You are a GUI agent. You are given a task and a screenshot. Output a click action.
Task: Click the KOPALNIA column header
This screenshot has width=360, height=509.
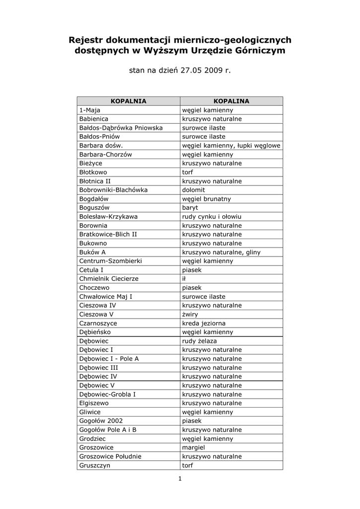pyautogui.click(x=128, y=101)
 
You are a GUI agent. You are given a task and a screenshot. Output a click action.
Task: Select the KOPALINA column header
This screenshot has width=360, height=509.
pyautogui.click(x=231, y=101)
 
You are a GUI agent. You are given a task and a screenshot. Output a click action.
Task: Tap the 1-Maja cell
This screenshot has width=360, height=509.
pyautogui.click(x=90, y=110)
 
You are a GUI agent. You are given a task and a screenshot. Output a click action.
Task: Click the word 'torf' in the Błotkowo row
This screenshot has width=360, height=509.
pyautogui.click(x=188, y=172)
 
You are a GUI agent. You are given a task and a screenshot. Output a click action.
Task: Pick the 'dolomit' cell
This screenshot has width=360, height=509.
pyautogui.click(x=193, y=190)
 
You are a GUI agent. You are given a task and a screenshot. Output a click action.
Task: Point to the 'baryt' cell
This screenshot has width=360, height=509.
pyautogui.click(x=190, y=208)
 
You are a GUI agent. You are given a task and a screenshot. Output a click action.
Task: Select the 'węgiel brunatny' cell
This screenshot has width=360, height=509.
pyautogui.click(x=206, y=199)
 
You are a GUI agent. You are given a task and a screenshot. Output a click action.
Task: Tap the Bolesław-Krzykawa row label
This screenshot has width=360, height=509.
pyautogui.click(x=108, y=217)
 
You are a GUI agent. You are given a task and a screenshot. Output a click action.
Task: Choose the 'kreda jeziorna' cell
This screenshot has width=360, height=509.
pyautogui.click(x=203, y=323)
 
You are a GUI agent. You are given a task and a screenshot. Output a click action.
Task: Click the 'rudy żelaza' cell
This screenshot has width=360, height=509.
pyautogui.click(x=199, y=341)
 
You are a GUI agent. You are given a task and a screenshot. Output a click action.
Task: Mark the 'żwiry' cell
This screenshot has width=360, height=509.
pyautogui.click(x=190, y=314)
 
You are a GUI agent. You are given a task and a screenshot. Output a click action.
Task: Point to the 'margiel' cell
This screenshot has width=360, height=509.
pyautogui.click(x=193, y=447)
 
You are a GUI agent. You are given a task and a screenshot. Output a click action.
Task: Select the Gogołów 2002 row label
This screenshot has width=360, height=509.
pyautogui.click(x=101, y=421)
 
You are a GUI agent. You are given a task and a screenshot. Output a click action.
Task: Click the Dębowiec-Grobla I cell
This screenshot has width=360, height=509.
pyautogui.click(x=107, y=394)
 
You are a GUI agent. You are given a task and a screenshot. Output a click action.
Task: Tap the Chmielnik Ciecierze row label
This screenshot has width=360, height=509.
pyautogui.click(x=109, y=279)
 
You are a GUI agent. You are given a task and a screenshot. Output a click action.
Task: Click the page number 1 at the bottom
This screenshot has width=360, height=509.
pyautogui.click(x=180, y=479)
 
